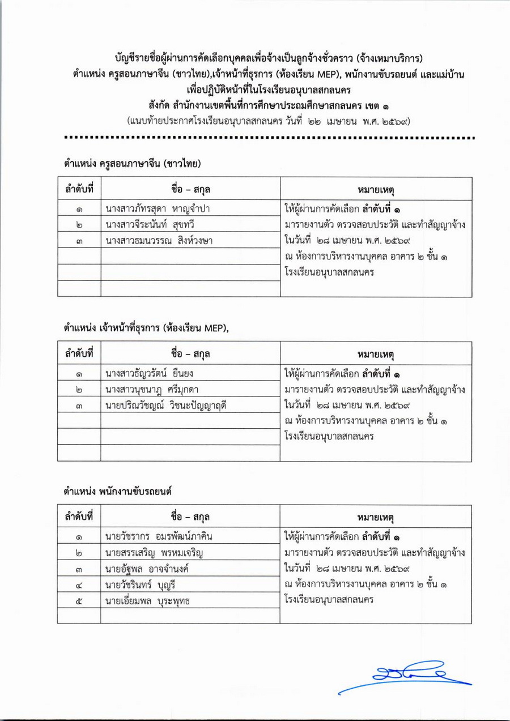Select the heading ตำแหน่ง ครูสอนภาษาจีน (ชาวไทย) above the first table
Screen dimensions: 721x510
tap(134, 164)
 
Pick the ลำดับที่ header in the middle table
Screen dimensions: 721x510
tap(79, 353)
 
